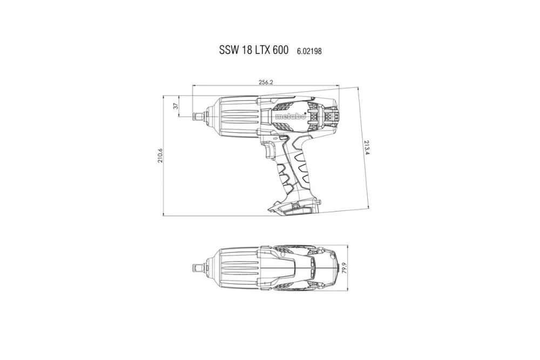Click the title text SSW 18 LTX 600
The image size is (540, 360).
pyautogui.click(x=253, y=50)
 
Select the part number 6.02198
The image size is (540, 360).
pyautogui.click(x=309, y=51)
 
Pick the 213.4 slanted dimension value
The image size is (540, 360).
pyautogui.click(x=367, y=147)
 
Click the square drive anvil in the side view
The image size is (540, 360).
pyautogui.click(x=199, y=116)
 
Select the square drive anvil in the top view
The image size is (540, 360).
pyautogui.click(x=199, y=268)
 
